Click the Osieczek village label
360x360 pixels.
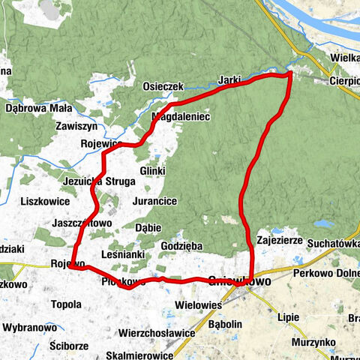163,87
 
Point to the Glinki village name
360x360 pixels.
151,171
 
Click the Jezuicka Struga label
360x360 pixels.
99,181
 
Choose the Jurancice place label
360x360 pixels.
154,202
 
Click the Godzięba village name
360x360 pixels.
181,245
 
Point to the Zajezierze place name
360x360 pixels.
278,241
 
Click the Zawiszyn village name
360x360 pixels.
78,127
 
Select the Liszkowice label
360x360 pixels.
45,201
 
